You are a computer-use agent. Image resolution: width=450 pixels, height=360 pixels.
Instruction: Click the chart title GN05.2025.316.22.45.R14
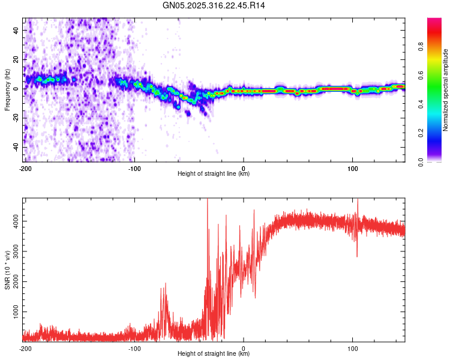pos(214,5)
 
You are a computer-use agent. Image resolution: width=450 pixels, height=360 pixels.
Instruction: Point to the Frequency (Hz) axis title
pos(7,89)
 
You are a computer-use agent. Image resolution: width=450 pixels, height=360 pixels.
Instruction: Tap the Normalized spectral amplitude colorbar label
pos(446,90)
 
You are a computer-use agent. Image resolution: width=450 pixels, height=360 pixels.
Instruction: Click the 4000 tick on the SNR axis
pos(13,221)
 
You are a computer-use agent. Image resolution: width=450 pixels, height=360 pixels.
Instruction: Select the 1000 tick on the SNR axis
pos(13,313)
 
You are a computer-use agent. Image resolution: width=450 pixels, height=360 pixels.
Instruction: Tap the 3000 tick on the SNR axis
pos(13,252)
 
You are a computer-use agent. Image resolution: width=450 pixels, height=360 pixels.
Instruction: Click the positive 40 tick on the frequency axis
pos(16,30)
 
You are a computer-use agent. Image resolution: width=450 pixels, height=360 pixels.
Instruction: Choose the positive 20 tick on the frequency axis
pos(16,59)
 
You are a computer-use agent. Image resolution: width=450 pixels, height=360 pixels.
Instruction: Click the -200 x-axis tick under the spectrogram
pos(25,168)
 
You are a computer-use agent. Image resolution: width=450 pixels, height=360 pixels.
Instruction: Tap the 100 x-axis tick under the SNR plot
pos(353,348)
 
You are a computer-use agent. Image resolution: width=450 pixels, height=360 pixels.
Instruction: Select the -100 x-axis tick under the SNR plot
pos(134,348)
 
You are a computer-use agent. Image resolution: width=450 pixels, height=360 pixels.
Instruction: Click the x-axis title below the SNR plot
pos(214,354)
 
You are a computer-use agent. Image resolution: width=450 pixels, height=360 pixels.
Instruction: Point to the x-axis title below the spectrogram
pos(214,174)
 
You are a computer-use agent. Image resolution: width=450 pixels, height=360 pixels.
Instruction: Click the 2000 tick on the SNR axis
pos(13,282)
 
